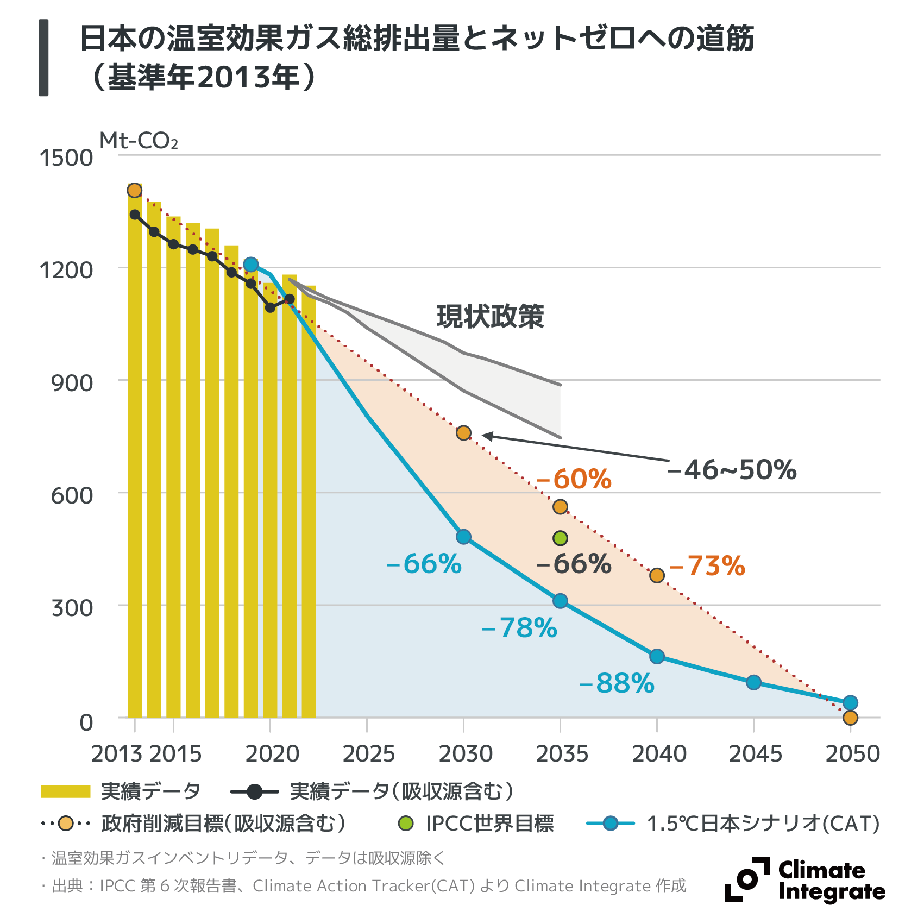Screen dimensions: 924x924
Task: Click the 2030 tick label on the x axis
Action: point(466,754)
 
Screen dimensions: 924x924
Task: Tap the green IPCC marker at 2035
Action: point(560,538)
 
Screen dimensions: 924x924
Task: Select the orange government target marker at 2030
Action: point(463,433)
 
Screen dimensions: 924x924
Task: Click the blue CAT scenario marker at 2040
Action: point(657,656)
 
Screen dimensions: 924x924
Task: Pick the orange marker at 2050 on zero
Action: point(850,718)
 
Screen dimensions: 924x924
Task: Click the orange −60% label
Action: point(574,479)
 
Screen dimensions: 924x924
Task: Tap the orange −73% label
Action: point(707,566)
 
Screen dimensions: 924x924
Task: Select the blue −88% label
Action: point(617,683)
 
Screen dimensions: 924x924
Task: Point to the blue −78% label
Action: point(519,628)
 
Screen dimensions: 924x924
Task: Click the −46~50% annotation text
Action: point(732,470)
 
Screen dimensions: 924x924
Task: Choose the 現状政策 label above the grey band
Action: point(490,316)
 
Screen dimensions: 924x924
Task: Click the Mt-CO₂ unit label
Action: point(139,141)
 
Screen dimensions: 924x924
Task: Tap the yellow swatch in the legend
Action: point(66,791)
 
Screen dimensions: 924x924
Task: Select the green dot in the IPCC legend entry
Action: point(406,824)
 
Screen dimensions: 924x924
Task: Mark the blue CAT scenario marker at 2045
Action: point(753,682)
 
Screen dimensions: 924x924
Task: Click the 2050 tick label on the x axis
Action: point(852,754)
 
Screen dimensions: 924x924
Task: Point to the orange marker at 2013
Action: point(135,191)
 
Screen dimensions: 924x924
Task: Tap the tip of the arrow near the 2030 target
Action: point(483,435)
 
